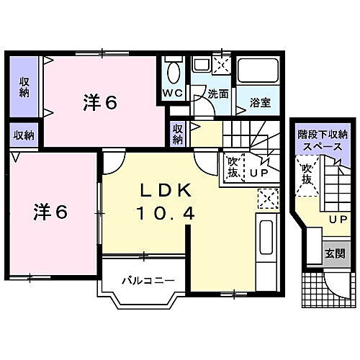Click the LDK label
pos(165,192)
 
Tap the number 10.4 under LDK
pos(165,213)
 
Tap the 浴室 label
pos(260,102)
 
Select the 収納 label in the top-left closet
pos(24,87)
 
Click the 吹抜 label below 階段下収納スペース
pos(307,175)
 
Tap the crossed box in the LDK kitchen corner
pos(268,197)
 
